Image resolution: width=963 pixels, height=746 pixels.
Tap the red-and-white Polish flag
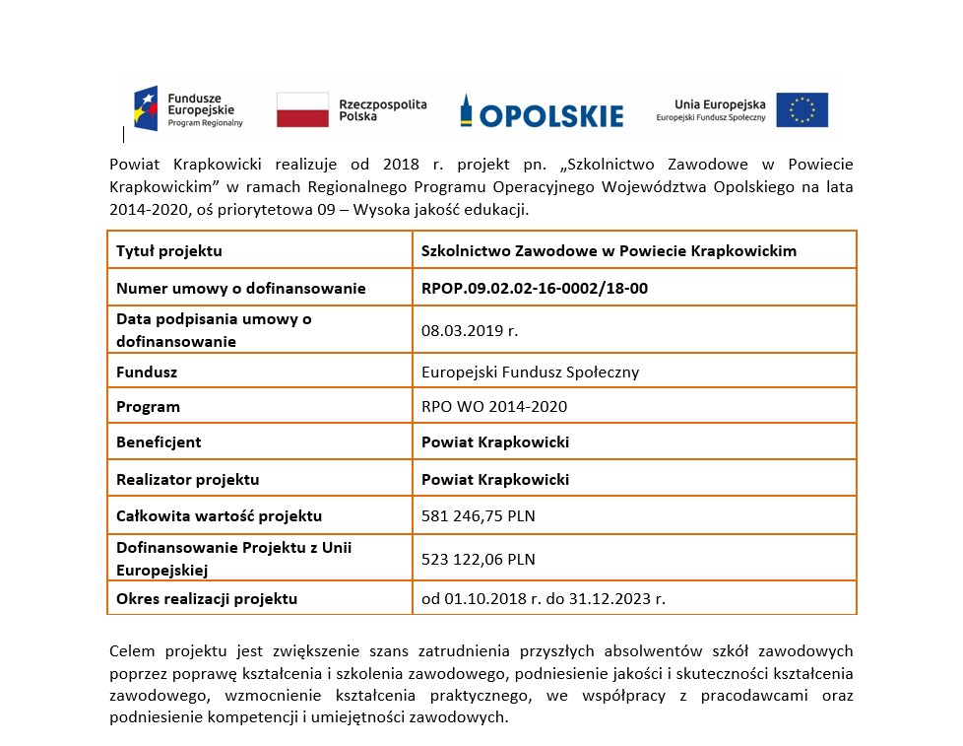coord(302,109)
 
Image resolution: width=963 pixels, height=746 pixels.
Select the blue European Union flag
coord(802,109)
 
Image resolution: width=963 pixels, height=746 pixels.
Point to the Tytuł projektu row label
coord(169,250)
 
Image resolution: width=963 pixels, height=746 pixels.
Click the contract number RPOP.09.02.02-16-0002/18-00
coord(534,289)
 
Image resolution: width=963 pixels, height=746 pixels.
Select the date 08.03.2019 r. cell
coord(469,331)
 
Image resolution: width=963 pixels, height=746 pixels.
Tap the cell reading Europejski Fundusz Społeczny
coord(530,373)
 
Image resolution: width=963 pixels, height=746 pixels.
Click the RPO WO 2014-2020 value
coord(493,406)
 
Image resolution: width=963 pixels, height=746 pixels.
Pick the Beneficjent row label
coord(159,442)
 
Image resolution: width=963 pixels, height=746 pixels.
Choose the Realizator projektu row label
coord(187,480)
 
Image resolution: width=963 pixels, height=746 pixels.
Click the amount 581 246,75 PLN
coord(478,516)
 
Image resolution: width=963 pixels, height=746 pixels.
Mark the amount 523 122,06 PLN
coord(478,560)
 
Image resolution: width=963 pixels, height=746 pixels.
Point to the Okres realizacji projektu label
coord(207,598)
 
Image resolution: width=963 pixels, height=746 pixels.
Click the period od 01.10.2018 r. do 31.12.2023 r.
coord(543,598)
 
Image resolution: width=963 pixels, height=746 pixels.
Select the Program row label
coord(148,406)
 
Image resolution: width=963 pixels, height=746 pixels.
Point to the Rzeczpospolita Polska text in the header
coord(382,109)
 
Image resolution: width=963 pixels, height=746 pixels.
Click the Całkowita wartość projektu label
coord(219,516)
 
